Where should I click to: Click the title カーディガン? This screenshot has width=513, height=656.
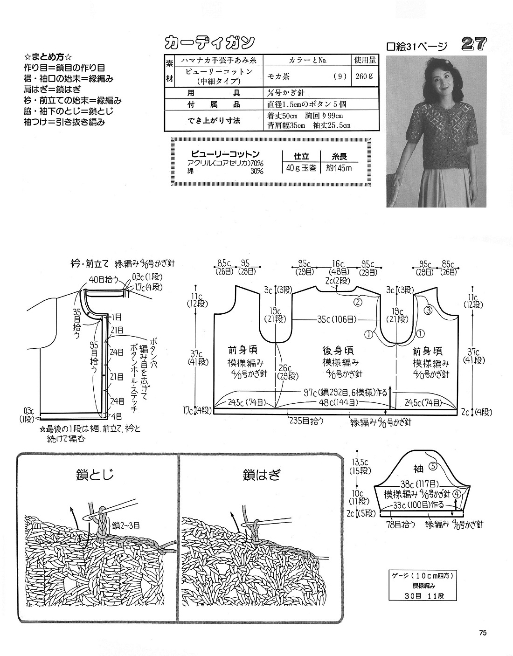tap(209, 41)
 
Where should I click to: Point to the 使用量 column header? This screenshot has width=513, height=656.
tap(365, 61)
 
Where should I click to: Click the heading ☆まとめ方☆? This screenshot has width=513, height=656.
tap(49, 57)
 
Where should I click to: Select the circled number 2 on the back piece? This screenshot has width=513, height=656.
tap(358, 302)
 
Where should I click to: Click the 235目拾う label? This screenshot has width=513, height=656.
tap(306, 420)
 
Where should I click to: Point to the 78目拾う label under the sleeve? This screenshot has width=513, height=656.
tap(401, 525)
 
